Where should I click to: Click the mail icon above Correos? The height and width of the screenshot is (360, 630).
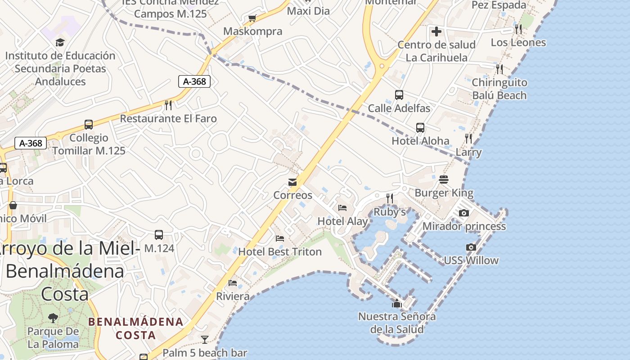click(292, 182)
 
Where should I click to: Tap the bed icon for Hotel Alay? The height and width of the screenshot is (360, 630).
click(342, 208)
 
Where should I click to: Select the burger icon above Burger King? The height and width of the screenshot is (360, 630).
click(444, 180)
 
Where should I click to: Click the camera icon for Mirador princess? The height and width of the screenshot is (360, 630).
click(464, 213)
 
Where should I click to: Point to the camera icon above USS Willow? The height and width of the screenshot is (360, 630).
click(471, 247)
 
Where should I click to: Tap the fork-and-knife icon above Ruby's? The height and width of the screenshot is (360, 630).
click(390, 198)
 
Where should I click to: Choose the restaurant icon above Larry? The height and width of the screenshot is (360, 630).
click(468, 139)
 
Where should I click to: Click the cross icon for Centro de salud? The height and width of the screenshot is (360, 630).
click(436, 31)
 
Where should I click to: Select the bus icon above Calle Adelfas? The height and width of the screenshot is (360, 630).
click(399, 95)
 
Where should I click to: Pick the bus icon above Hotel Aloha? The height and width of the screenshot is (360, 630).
click(420, 128)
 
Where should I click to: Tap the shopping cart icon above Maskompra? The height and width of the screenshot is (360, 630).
click(252, 18)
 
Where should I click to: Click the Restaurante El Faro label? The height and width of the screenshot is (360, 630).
click(168, 119)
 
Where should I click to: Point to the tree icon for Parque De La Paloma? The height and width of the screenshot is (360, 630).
click(53, 318)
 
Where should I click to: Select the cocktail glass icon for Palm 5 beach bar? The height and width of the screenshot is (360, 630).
click(205, 339)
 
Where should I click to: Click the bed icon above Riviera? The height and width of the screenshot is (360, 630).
click(233, 283)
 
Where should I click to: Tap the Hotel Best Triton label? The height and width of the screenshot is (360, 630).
click(280, 252)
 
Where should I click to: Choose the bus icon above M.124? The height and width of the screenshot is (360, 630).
click(159, 234)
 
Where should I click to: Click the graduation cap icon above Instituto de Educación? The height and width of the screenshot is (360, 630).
click(60, 43)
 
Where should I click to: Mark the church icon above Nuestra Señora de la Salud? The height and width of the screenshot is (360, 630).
click(396, 304)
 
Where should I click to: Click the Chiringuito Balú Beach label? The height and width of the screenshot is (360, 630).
click(499, 89)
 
